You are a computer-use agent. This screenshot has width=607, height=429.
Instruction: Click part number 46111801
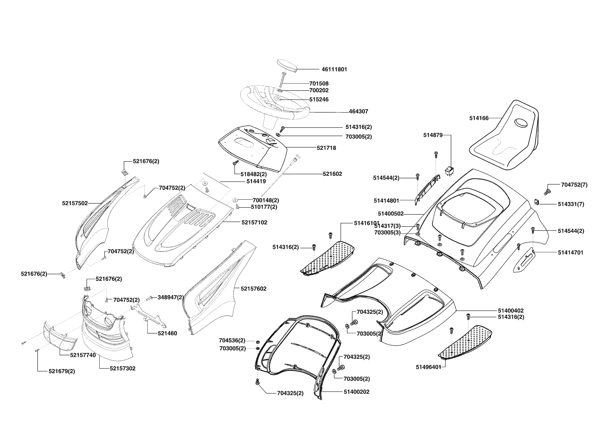pos(334,69)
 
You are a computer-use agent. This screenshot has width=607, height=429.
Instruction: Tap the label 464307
pos(359,111)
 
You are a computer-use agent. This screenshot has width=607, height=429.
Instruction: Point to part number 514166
pos(479,118)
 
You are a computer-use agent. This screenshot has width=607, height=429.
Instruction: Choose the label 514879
pos(433,135)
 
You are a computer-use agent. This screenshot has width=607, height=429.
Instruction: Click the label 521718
pos(326,148)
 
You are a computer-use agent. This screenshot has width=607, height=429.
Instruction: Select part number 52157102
pos(254,222)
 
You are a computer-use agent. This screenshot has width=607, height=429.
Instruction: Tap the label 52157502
pos(75,203)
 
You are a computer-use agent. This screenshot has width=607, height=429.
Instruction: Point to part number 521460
pos(167,334)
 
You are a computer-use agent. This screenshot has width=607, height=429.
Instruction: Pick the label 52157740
pos(83,355)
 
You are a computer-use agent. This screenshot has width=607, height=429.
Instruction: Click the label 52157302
pos(123,368)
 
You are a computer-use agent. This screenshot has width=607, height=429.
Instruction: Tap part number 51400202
pos(356,392)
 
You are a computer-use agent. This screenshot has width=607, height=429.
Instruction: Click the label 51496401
pos(428,367)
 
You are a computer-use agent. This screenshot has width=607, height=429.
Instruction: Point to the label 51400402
pos(511,311)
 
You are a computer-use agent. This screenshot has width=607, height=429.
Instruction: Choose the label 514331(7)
pos(571,204)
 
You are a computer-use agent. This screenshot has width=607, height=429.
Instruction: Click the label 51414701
pos(570,253)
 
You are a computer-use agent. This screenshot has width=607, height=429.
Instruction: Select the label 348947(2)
pos(171,297)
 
